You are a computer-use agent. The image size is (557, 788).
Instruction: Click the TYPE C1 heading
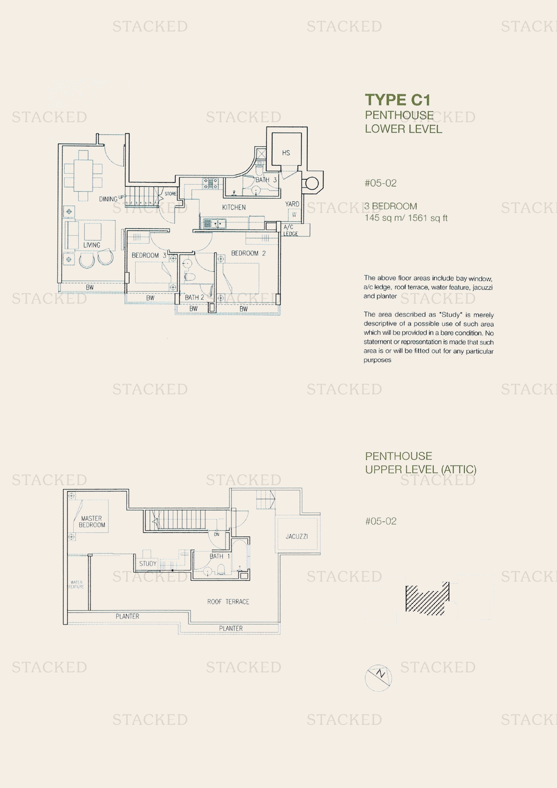(397, 100)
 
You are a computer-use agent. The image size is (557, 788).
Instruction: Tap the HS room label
(286, 153)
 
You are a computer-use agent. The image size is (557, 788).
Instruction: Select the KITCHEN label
(234, 207)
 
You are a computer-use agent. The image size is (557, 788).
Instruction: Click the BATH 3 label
(266, 180)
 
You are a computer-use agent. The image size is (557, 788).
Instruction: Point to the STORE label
(170, 194)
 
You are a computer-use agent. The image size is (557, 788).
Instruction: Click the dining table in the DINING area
(83, 176)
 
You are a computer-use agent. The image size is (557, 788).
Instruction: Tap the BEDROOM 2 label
(248, 253)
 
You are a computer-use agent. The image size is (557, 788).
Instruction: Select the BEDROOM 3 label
(149, 255)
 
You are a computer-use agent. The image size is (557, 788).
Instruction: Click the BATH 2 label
(194, 297)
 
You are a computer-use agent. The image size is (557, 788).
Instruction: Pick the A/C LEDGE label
(290, 230)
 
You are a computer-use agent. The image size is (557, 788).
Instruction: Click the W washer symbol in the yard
(294, 215)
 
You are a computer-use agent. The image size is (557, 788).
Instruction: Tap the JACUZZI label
(297, 536)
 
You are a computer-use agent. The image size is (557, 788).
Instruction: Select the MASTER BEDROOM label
(92, 521)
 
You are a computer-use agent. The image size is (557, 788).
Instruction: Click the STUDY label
(148, 564)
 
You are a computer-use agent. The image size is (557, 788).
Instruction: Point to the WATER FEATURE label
(76, 585)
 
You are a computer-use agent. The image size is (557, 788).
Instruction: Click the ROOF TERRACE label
(228, 602)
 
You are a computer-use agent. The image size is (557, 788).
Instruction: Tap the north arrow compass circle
(378, 678)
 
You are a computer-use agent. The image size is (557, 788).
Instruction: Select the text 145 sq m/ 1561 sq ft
(406, 218)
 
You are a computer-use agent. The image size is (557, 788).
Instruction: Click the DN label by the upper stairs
(217, 534)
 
